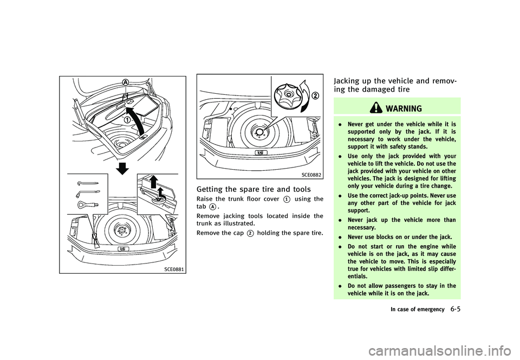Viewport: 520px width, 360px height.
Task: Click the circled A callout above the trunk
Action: (126, 82)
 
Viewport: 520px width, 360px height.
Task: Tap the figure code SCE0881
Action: (173, 269)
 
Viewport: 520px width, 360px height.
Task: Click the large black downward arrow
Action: (122, 168)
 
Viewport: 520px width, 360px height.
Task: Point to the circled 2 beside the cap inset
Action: (315, 96)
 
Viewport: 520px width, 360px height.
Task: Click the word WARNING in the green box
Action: (404, 108)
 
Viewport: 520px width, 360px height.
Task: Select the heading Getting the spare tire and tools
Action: (253, 189)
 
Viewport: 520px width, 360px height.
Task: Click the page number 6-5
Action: (456, 309)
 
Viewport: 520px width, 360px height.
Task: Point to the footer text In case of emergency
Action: (418, 309)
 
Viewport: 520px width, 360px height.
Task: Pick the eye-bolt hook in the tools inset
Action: (87, 205)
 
